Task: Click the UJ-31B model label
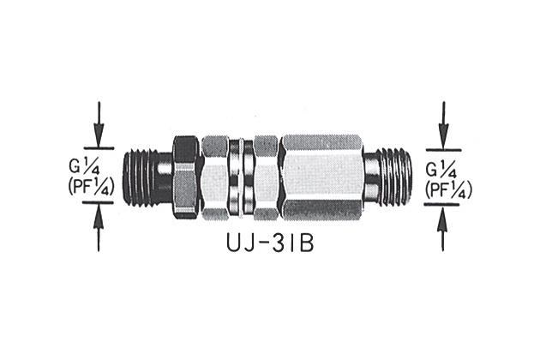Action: click(270, 243)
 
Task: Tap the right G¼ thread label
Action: click(442, 171)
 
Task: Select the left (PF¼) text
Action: click(89, 187)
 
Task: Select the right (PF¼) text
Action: click(448, 189)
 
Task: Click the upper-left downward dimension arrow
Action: click(99, 124)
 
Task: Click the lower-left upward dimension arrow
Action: click(99, 227)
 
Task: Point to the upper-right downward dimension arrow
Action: click(444, 125)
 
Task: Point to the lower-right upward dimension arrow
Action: click(443, 228)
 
